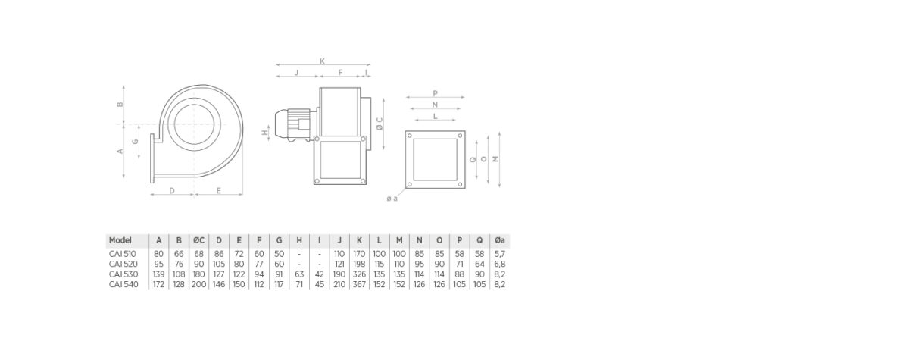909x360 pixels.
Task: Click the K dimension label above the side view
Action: [x=322, y=61]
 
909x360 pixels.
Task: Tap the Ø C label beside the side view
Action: [x=380, y=124]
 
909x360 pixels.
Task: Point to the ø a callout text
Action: [x=392, y=199]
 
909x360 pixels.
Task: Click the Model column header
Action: [x=120, y=240]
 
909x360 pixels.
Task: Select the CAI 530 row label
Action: [x=123, y=274]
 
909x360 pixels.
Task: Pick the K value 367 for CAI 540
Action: [x=359, y=284]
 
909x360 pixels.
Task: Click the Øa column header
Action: [x=499, y=240]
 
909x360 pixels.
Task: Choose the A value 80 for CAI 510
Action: [x=158, y=254]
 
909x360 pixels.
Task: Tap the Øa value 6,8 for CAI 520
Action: [x=499, y=265]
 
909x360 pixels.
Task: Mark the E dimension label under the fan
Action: [x=218, y=190]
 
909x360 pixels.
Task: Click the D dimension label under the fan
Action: [x=172, y=190]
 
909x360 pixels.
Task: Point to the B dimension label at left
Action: [x=120, y=105]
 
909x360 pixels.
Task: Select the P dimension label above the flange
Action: [x=435, y=93]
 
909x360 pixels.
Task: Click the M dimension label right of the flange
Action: [x=495, y=159]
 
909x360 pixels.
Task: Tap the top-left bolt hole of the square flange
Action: [x=410, y=136]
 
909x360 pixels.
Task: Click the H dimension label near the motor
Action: [x=264, y=133]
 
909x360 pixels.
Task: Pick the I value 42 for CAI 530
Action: [x=320, y=274]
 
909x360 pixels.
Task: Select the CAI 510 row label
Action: [x=123, y=254]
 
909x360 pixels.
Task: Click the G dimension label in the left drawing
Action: [x=135, y=142]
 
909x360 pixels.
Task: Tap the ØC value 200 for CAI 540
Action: [x=198, y=284]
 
